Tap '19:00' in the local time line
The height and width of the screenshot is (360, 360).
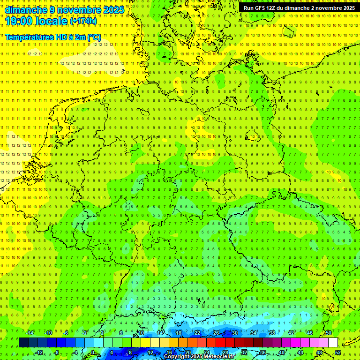[19, 21]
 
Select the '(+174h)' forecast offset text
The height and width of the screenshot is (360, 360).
[83, 21]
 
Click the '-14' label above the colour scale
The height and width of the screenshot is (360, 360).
[30, 333]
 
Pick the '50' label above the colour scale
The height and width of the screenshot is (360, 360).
[328, 333]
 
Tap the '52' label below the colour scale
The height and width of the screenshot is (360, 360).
[338, 352]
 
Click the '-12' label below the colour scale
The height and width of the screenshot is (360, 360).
[39, 352]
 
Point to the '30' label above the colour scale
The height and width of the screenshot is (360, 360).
[234, 333]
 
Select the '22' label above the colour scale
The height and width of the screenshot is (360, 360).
[197, 333]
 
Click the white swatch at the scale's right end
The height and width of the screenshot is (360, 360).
[333, 343]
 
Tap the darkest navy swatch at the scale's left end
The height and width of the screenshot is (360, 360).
[23, 343]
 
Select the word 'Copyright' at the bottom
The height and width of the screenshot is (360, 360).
[177, 357]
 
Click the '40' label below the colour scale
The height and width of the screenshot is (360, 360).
[281, 352]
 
